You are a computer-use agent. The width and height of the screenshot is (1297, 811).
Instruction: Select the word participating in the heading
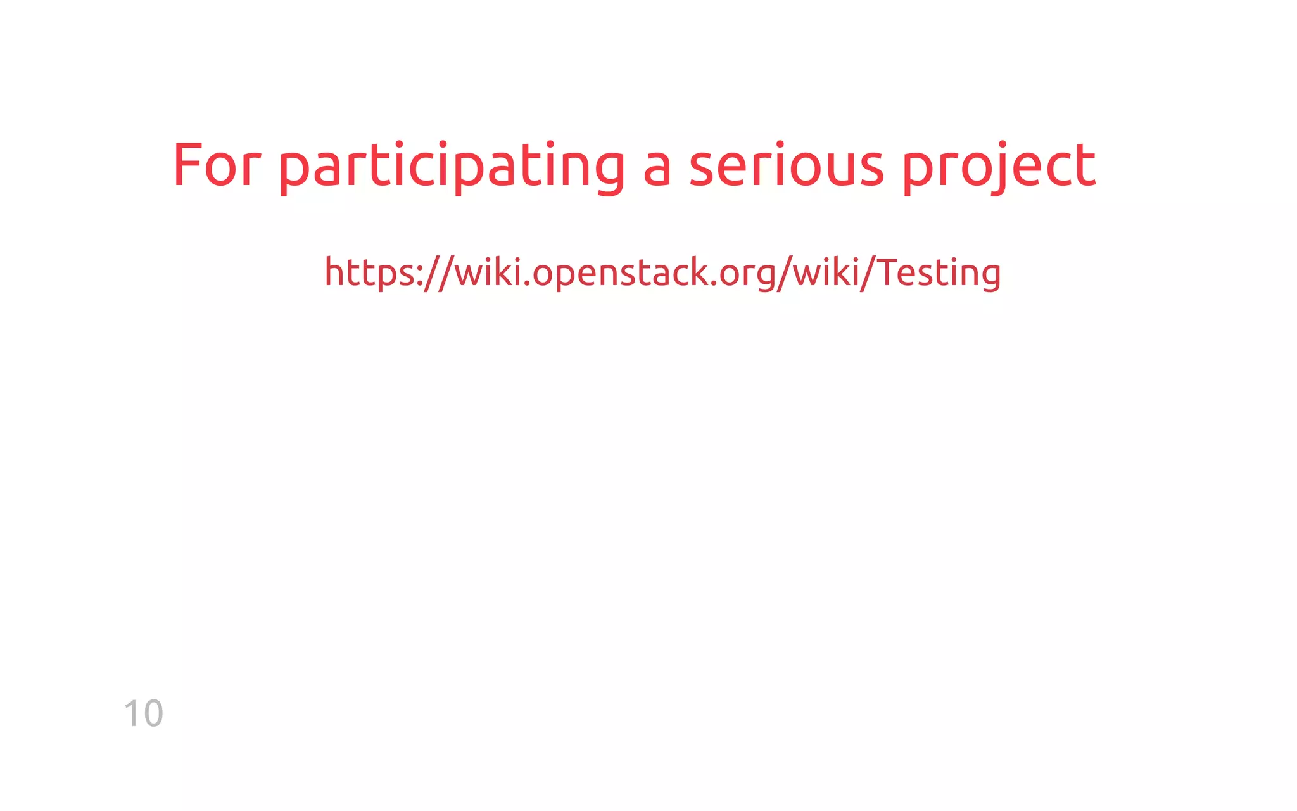(x=452, y=166)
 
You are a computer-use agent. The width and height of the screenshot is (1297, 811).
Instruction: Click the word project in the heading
(x=999, y=166)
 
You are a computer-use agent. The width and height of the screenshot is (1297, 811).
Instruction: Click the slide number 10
(x=144, y=714)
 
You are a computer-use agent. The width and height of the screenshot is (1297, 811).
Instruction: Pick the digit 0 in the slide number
(x=153, y=714)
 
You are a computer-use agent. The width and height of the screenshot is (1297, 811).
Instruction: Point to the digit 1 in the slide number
(x=132, y=714)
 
